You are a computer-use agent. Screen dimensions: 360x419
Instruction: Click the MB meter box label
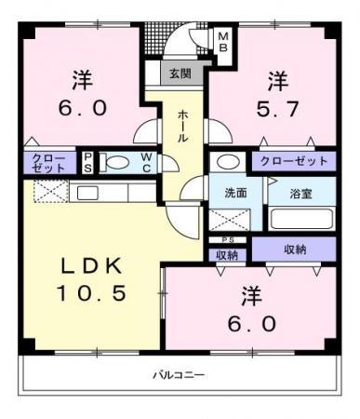[223, 42]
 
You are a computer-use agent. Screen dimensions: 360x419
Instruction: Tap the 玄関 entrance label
[180, 74]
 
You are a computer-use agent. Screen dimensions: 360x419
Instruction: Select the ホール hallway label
[182, 127]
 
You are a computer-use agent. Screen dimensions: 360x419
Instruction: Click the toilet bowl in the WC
[115, 163]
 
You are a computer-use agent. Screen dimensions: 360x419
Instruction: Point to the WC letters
[146, 163]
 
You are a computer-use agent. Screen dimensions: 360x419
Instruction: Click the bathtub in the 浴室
[301, 219]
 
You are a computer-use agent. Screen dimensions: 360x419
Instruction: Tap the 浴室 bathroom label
[300, 194]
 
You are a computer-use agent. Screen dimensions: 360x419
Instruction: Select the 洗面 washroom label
[235, 193]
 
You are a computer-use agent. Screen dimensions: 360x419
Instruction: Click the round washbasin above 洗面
[228, 162]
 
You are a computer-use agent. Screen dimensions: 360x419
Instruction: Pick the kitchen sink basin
[87, 194]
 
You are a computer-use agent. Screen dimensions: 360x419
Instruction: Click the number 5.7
[277, 109]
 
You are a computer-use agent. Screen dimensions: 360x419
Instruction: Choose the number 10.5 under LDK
[91, 293]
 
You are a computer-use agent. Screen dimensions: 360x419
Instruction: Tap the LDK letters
[91, 266]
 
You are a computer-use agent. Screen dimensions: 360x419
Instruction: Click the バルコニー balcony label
[179, 375]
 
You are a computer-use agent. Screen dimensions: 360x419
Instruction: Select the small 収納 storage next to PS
[227, 255]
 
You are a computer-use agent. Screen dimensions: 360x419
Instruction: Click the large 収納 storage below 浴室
[294, 250]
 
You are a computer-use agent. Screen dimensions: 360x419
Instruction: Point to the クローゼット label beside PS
[49, 163]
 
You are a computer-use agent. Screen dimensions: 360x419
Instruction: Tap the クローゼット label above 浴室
[294, 161]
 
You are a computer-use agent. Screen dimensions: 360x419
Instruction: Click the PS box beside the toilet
[87, 163]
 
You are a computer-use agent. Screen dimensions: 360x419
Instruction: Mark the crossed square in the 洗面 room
[229, 220]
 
